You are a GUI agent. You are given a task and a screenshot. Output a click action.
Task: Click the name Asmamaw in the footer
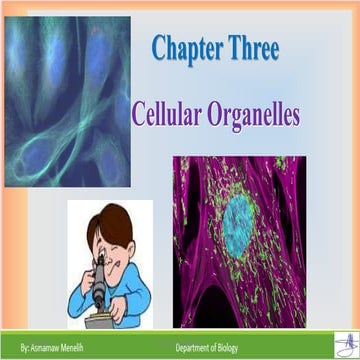click(38, 345)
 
